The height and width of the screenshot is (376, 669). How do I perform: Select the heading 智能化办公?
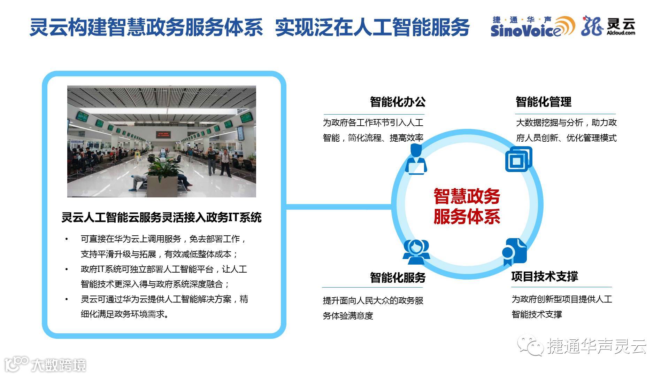click(398, 102)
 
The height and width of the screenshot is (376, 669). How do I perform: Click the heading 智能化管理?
click(543, 102)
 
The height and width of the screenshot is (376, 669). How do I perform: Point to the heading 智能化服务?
click(398, 278)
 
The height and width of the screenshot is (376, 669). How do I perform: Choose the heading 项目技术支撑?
click(545, 277)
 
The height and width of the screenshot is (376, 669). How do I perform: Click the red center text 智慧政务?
click(467, 196)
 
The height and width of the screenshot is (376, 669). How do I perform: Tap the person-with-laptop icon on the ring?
click(416, 160)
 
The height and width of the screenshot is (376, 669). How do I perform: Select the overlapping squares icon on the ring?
click(518, 159)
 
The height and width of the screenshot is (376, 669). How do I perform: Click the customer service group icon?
click(416, 252)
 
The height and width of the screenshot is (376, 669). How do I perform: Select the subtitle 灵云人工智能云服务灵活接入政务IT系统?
click(161, 218)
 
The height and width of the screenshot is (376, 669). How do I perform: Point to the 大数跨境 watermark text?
click(58, 365)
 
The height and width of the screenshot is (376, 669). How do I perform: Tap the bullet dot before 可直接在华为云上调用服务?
click(67, 239)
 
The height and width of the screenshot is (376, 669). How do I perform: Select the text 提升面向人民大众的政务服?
click(373, 300)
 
